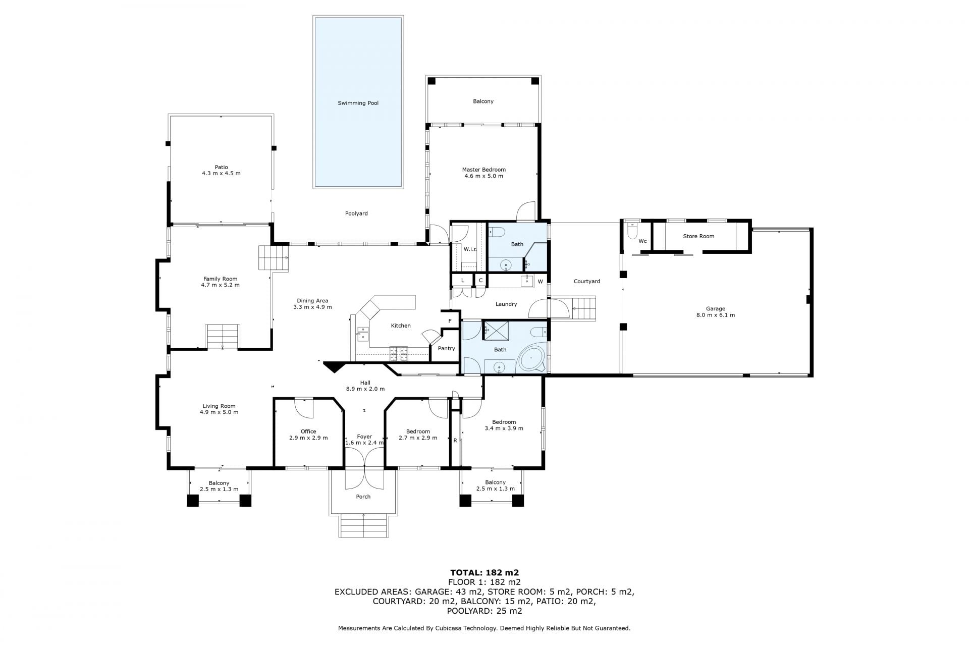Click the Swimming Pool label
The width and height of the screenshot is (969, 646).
(x=358, y=103)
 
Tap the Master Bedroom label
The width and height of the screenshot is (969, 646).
(x=483, y=170)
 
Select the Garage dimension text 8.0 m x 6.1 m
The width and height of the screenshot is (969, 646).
(x=716, y=315)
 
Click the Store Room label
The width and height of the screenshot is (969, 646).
(x=698, y=236)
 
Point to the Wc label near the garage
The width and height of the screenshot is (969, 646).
(x=642, y=241)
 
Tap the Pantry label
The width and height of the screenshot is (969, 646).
(x=446, y=348)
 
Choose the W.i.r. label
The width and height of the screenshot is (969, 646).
(x=470, y=249)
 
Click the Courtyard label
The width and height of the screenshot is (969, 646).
(x=586, y=281)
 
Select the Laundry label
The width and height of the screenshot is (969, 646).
(x=506, y=304)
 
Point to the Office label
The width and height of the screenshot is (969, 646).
(x=308, y=432)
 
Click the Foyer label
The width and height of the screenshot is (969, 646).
(x=364, y=437)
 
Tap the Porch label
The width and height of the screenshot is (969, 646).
(x=363, y=497)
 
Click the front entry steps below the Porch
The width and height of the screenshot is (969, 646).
(x=363, y=525)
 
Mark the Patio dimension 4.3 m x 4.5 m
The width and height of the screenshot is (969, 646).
(x=221, y=173)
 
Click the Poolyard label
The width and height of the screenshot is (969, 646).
(x=356, y=213)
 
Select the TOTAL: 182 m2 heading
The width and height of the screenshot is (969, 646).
(x=484, y=572)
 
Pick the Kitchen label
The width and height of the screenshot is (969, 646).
(x=401, y=326)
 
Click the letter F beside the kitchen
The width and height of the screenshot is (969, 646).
(x=450, y=321)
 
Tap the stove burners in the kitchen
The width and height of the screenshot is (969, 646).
(x=398, y=353)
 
